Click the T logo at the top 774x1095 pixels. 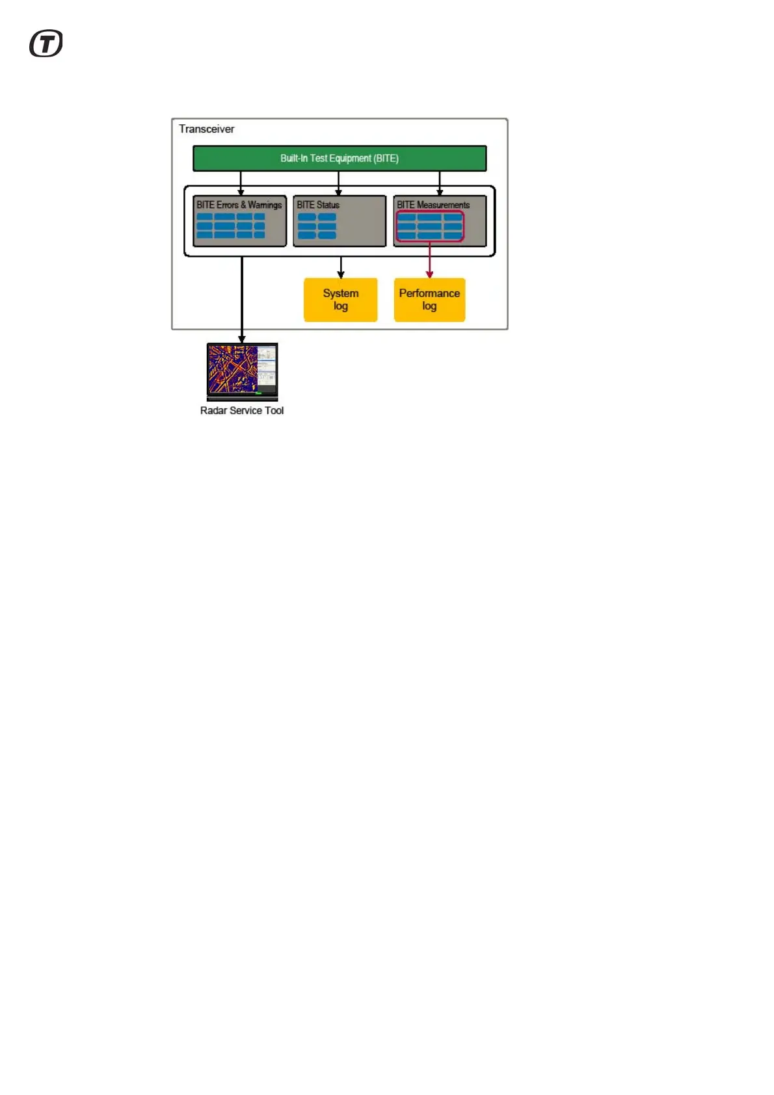click(46, 44)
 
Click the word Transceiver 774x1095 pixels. click(206, 129)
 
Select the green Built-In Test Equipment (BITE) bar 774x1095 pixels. click(339, 158)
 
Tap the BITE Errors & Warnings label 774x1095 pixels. click(239, 205)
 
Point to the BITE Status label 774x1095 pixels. click(318, 205)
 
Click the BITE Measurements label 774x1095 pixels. click(433, 205)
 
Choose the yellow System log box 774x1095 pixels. click(340, 300)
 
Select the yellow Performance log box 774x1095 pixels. click(429, 300)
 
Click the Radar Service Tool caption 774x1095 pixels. click(241, 410)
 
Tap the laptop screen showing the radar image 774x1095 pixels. click(233, 369)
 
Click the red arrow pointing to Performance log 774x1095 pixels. click(429, 260)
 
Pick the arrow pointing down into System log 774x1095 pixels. click(340, 267)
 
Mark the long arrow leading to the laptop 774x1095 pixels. click(242, 299)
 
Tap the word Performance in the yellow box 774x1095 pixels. click(429, 293)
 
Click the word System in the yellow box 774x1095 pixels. click(340, 293)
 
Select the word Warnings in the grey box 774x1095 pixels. click(265, 205)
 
